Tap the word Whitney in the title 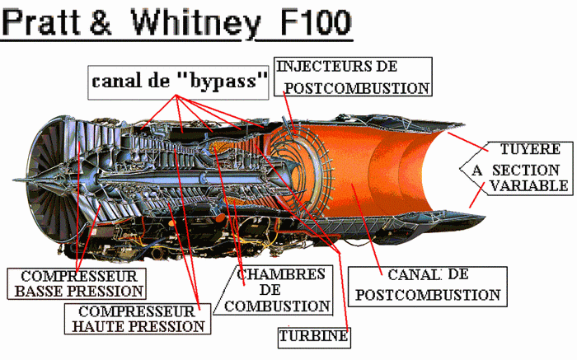[195, 22]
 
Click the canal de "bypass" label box [180, 82]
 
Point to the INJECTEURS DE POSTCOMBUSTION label [353, 77]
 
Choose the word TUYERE [530, 150]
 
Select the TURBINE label [313, 336]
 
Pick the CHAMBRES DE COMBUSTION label [279, 289]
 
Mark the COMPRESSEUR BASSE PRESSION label [77, 283]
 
